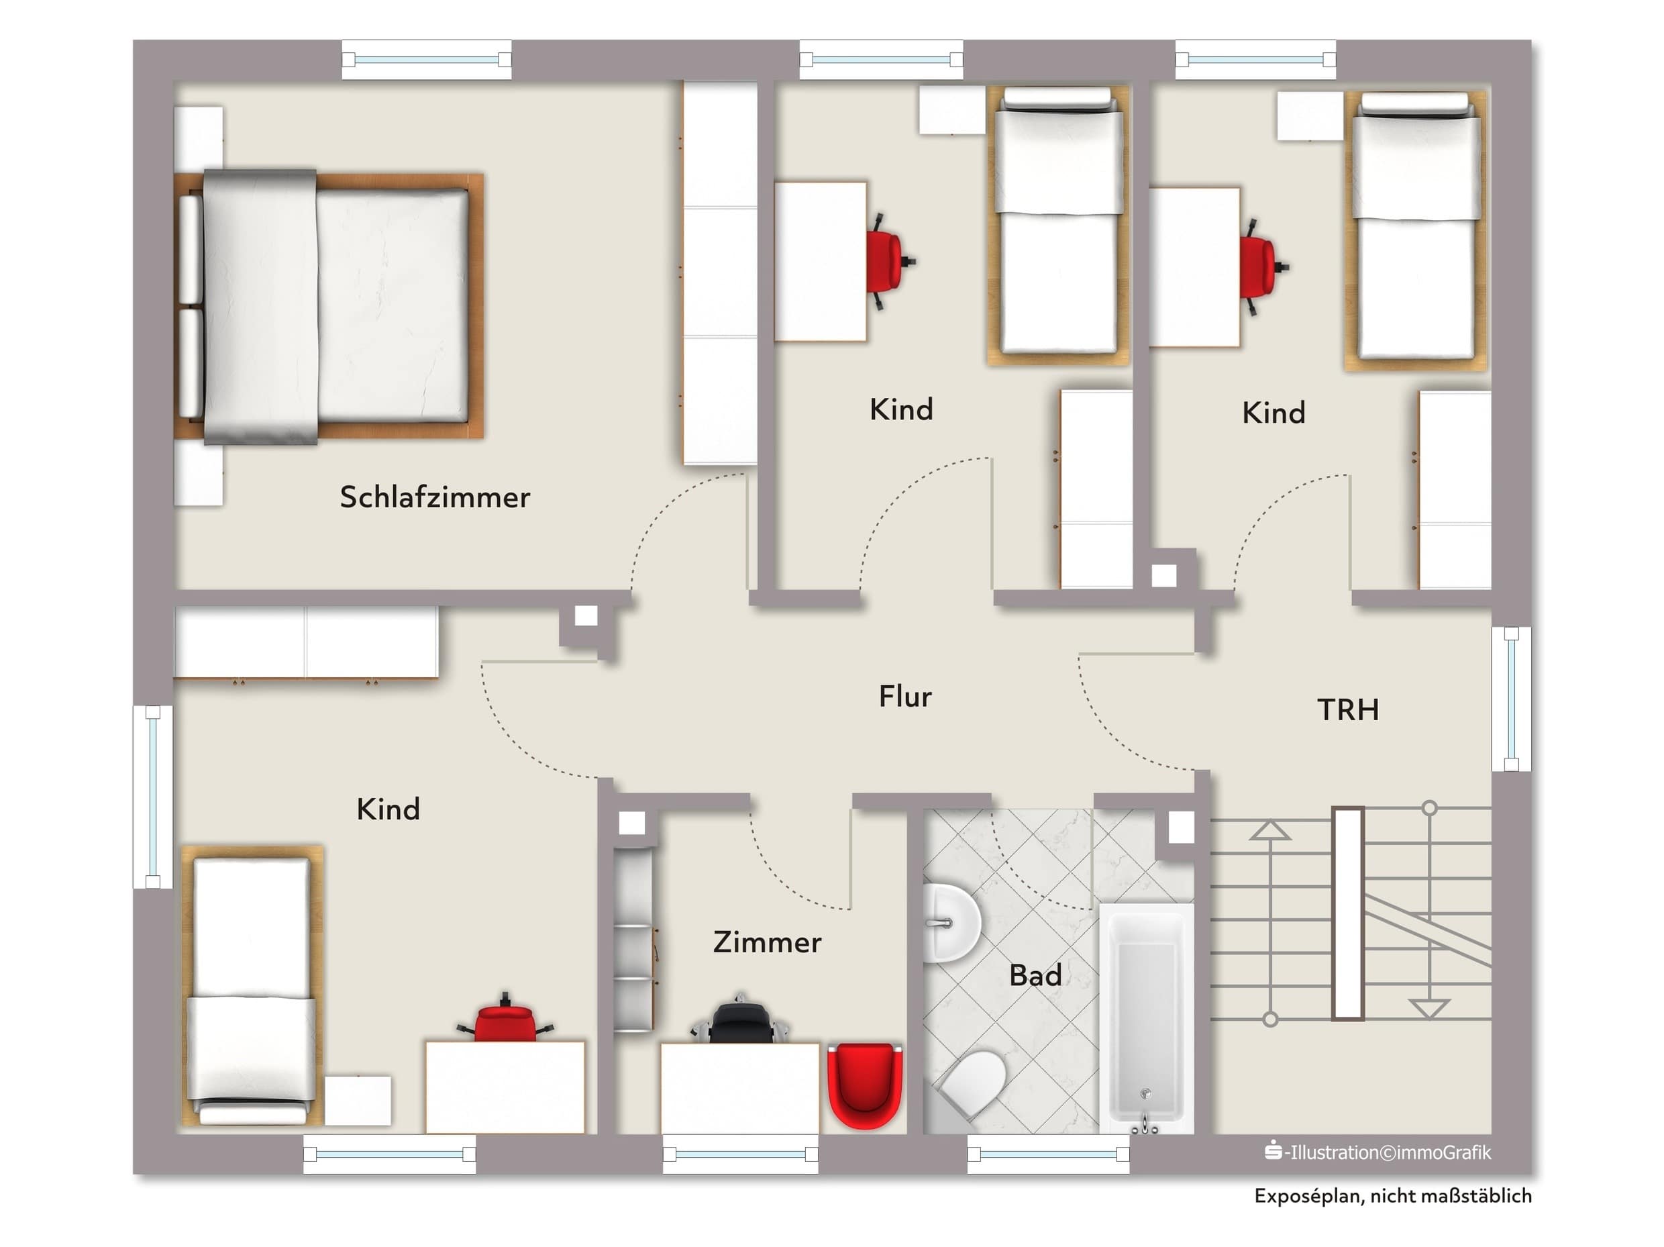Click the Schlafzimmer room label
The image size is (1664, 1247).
pyautogui.click(x=435, y=497)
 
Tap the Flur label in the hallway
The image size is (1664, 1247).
pyautogui.click(x=905, y=696)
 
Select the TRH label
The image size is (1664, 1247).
pyautogui.click(x=1348, y=709)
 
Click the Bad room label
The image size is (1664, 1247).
pyautogui.click(x=1035, y=975)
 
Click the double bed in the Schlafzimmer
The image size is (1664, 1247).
pyautogui.click(x=329, y=306)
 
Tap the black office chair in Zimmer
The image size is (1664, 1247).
pyautogui.click(x=739, y=1019)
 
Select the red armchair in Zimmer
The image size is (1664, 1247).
pyautogui.click(x=864, y=1085)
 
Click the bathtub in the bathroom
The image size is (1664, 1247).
pyautogui.click(x=1146, y=1018)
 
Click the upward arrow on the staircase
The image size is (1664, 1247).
pyautogui.click(x=1270, y=831)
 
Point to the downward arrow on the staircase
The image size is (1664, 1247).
pyautogui.click(x=1428, y=1007)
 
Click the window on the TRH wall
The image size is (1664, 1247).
pyautogui.click(x=1511, y=699)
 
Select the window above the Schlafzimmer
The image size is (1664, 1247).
pyautogui.click(x=427, y=60)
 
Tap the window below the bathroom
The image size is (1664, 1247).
pyautogui.click(x=1048, y=1154)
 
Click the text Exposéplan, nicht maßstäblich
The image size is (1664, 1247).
pyautogui.click(x=1392, y=1196)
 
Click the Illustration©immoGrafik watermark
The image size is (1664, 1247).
pyautogui.click(x=1377, y=1152)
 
